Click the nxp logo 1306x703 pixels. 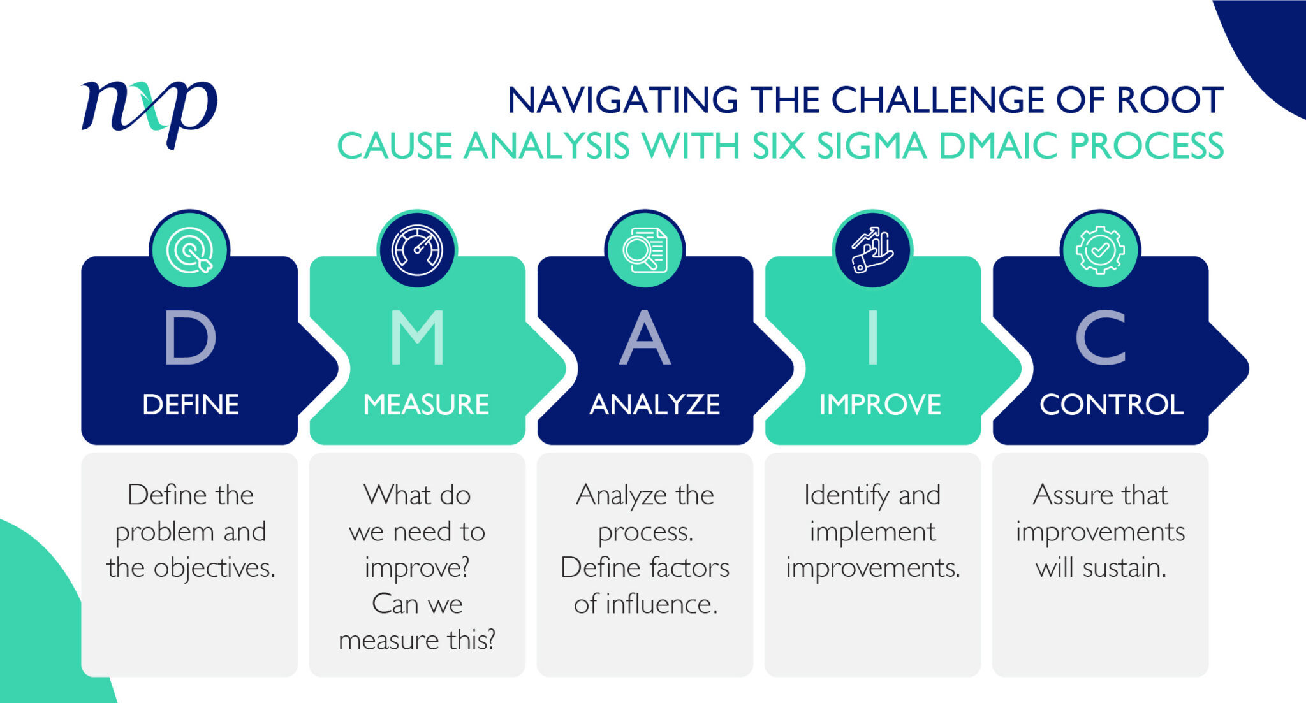149,112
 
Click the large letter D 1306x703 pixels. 190,337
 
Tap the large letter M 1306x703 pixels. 417,337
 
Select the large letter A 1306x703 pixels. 645,337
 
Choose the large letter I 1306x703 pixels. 873,337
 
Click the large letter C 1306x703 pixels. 1101,337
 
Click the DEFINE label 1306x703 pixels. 191,405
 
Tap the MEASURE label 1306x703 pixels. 426,405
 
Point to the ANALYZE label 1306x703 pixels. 655,405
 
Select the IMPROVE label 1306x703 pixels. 880,405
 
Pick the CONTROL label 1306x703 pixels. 1112,405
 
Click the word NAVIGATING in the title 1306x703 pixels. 622,101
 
